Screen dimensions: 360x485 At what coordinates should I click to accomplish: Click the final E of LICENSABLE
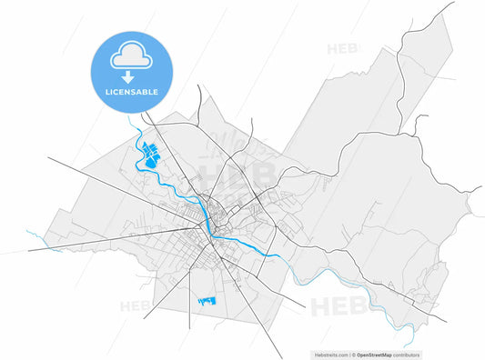tap(156, 92)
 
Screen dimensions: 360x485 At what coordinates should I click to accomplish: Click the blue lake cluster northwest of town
tap(148, 155)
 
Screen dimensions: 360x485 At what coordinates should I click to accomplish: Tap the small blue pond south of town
tap(208, 299)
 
